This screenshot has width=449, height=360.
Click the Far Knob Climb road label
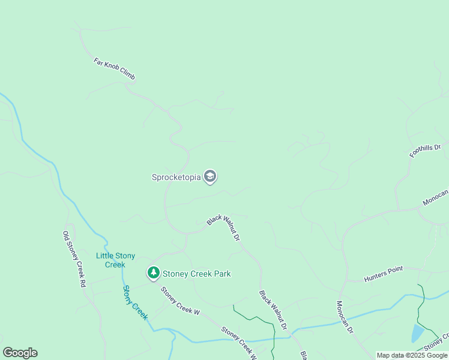pos(115,70)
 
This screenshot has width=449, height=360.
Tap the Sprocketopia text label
pos(176,177)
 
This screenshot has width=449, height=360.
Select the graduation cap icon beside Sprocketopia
pos(210,176)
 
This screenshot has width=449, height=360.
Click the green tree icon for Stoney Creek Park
pos(154,274)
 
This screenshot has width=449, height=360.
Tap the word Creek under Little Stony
pos(115,265)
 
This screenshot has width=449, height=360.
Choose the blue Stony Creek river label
pos(135,302)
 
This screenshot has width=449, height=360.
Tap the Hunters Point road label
pos(384,275)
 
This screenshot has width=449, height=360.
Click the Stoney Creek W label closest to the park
pos(179,301)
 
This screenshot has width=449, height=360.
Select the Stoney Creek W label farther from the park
pos(238,343)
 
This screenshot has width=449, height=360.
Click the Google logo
pos(20,353)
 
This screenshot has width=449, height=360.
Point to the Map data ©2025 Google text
pos(412,355)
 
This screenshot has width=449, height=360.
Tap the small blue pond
pos(418,333)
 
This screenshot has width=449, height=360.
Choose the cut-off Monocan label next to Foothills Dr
pos(435,198)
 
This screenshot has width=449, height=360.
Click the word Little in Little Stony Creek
pos(106,256)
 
